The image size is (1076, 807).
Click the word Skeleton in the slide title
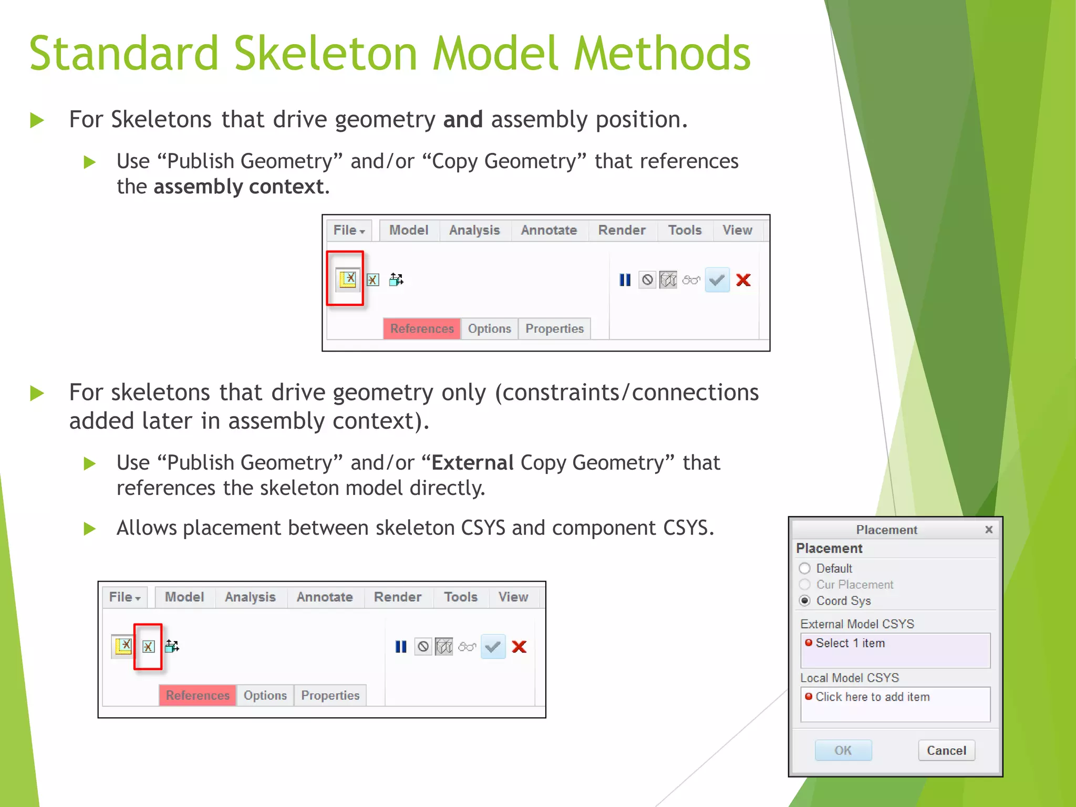click(x=326, y=54)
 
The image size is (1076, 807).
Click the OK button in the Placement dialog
click(x=843, y=750)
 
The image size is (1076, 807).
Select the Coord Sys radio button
click(x=804, y=601)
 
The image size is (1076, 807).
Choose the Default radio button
click(x=804, y=568)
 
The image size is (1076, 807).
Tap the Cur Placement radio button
click(x=804, y=585)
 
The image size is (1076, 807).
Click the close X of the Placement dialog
click(x=989, y=530)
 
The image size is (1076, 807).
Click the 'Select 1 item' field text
click(x=850, y=643)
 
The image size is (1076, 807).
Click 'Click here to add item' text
click(x=872, y=697)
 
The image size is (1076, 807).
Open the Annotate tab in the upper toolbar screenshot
click(x=549, y=230)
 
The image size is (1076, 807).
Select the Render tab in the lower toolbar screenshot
click(x=398, y=597)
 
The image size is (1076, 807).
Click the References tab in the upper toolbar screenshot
click(x=422, y=329)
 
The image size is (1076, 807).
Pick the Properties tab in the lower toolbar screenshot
click(x=330, y=696)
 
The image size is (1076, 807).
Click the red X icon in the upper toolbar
click(x=743, y=280)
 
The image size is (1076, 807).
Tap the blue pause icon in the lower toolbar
click(x=401, y=647)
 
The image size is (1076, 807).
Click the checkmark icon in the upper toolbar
click(x=717, y=280)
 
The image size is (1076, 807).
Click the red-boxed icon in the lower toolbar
click(x=148, y=646)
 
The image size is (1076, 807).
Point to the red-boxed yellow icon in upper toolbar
click(x=347, y=279)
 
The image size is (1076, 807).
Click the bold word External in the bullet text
click(x=472, y=463)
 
